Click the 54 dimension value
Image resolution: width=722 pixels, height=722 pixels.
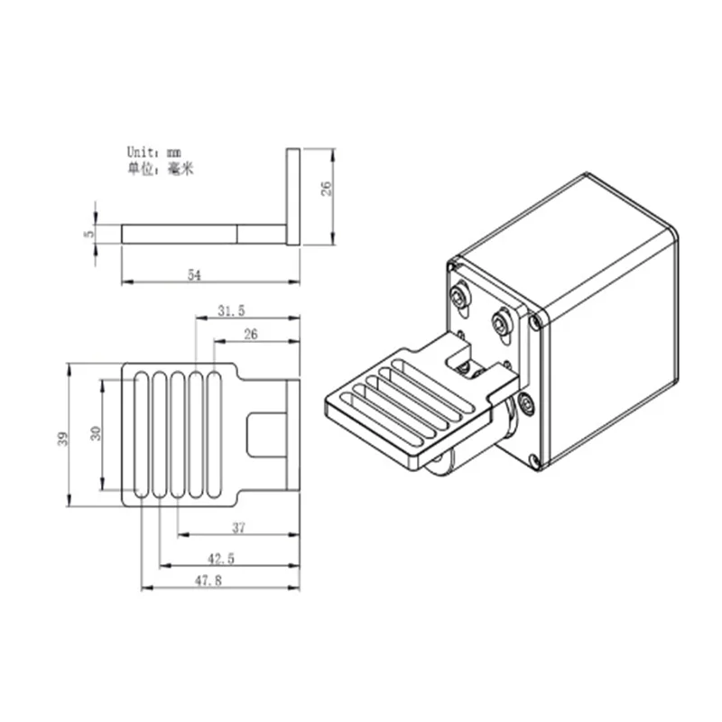tap(194, 275)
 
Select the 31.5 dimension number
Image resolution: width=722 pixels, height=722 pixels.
tap(231, 310)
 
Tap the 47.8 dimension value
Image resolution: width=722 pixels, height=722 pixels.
tap(208, 580)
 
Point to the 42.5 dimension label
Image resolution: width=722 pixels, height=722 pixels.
tap(221, 559)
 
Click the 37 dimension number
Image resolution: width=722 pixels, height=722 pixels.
tap(238, 528)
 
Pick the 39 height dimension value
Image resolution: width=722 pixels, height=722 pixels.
tap(62, 439)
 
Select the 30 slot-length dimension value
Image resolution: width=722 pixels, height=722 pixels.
tap(96, 433)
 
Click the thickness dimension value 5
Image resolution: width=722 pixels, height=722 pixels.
tap(88, 234)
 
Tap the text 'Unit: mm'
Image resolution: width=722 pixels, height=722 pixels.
tap(153, 152)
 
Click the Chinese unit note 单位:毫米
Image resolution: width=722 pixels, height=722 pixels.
tap(161, 169)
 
